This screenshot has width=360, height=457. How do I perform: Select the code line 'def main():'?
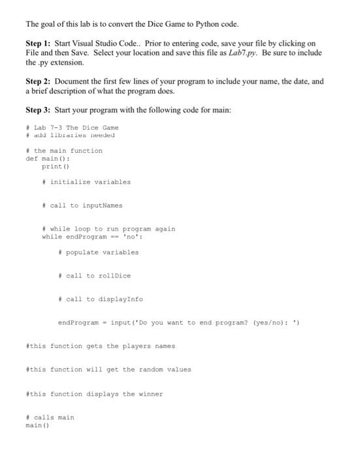[x=48, y=159]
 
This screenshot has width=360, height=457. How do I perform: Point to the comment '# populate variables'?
[x=98, y=252]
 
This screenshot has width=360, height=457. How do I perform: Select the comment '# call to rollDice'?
[x=94, y=276]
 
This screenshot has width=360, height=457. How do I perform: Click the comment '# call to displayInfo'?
[x=100, y=299]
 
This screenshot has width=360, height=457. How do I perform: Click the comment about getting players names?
[x=100, y=346]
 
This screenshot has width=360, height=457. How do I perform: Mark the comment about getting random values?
[x=108, y=370]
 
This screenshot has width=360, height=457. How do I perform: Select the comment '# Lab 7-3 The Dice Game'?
[x=72, y=127]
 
